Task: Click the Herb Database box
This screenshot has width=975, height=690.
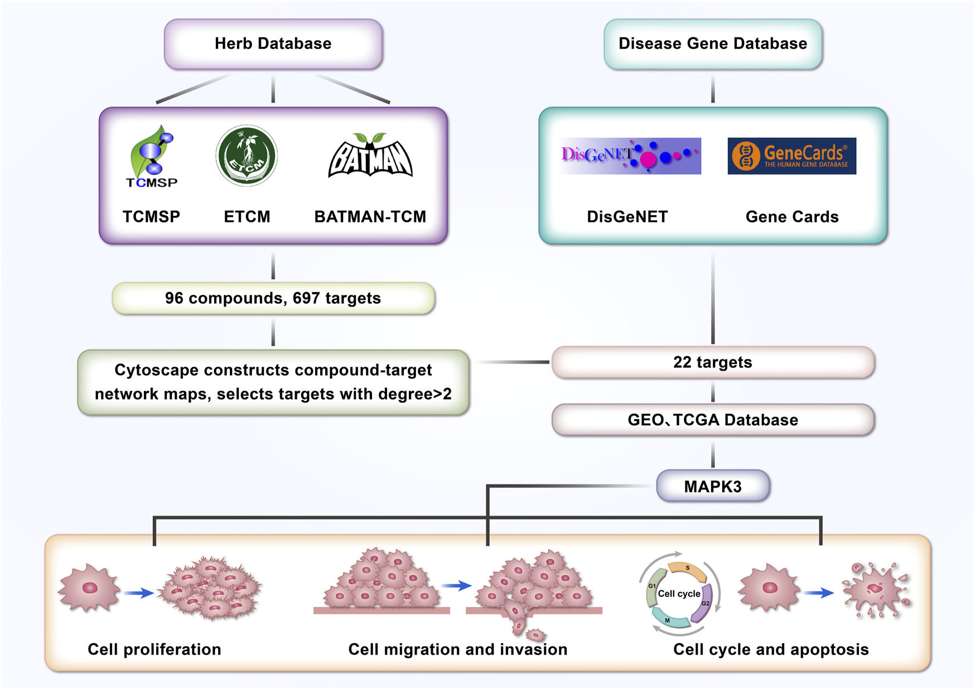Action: (x=273, y=44)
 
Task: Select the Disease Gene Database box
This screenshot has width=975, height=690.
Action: (x=712, y=44)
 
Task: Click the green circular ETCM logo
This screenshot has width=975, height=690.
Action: (x=247, y=156)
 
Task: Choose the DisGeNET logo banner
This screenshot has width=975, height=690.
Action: (x=630, y=156)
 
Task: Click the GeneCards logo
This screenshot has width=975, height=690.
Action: (x=791, y=156)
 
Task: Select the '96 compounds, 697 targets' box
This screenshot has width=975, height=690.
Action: (x=273, y=298)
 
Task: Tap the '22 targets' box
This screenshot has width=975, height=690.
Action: (x=712, y=362)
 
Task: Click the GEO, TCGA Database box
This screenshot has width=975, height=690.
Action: (x=712, y=420)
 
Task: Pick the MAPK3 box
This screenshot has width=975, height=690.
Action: (x=712, y=487)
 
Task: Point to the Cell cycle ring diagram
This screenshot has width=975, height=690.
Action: (x=679, y=594)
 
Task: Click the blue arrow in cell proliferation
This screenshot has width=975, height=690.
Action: (x=138, y=593)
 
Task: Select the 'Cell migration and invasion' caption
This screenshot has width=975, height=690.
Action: (x=457, y=649)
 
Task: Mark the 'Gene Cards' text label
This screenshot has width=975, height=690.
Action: (x=791, y=217)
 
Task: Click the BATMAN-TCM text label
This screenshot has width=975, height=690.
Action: (x=370, y=217)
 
